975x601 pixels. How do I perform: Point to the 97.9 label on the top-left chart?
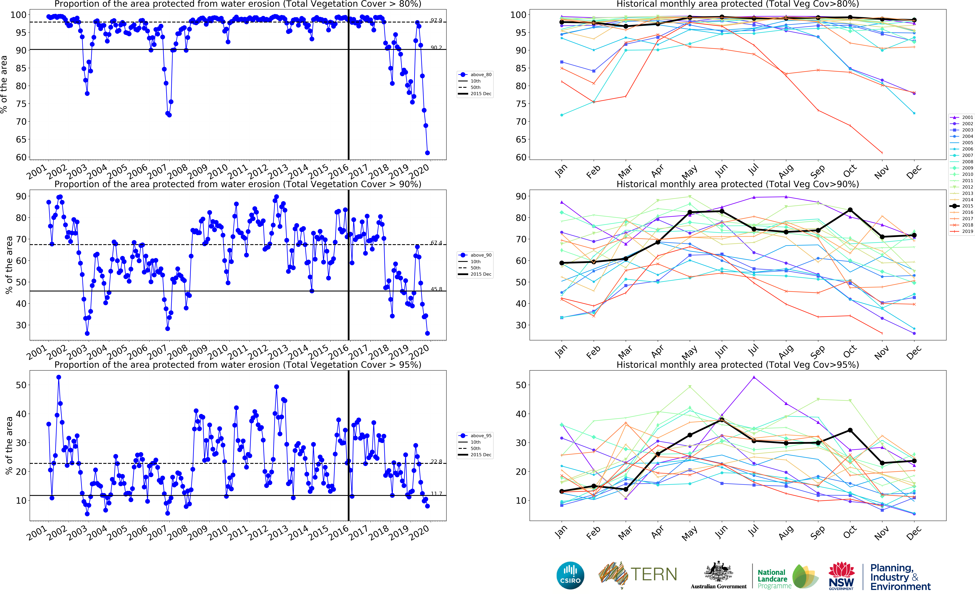436,20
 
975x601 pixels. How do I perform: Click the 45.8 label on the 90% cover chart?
436,289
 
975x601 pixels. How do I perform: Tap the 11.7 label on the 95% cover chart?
436,494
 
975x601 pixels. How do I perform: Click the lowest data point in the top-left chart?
427,153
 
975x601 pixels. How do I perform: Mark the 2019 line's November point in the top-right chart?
882,153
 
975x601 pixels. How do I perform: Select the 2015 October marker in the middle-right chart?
850,210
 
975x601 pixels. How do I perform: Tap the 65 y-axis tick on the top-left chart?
21,139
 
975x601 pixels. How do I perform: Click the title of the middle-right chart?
738,184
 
